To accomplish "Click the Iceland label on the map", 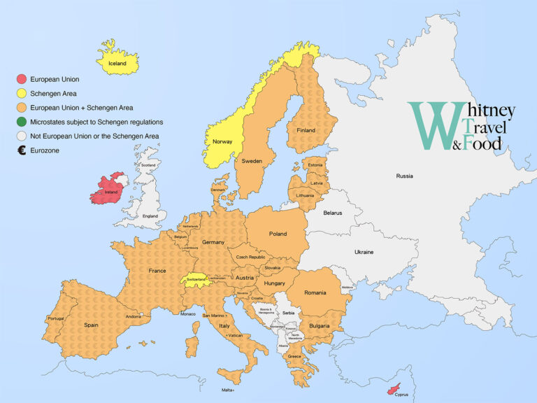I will pos(117,64).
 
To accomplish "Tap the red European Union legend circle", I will pos(22,79).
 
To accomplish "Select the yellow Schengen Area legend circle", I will pos(22,93).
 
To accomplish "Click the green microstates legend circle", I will pos(22,122).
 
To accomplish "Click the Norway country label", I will pos(222,142).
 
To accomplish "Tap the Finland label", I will pos(306,130).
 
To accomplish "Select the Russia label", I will pos(404,176).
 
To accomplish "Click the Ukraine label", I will pos(364,252).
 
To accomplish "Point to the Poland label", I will pos(278,234).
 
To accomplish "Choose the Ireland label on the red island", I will pos(110,192).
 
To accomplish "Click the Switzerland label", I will pos(196,279).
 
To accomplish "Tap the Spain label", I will pos(92,325).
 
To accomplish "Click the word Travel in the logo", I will pos(487,128).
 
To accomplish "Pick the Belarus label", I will pos(333,213).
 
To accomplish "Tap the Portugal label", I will pos(56,319).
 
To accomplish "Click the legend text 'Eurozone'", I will pos(45,150).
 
